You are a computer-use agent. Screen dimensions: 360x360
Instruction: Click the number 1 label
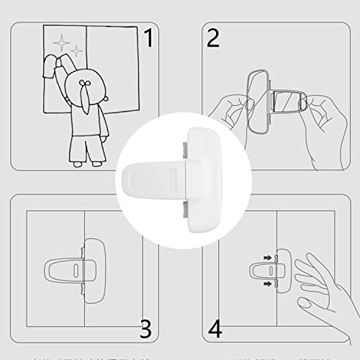tap(148, 37)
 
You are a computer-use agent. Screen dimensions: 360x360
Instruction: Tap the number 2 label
tap(213, 37)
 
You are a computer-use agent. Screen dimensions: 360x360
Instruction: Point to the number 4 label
tap(214, 328)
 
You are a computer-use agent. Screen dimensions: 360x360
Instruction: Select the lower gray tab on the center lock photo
tap(185, 208)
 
